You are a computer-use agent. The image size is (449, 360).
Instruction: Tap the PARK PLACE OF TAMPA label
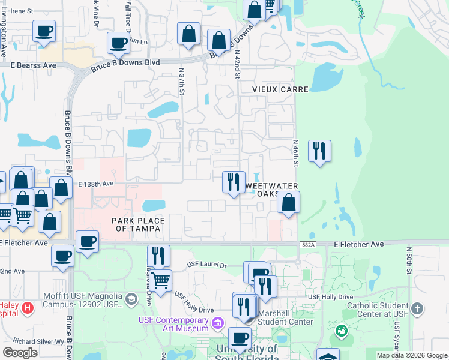tap(139, 225)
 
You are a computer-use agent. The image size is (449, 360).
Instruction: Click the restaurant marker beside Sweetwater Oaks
tap(234, 182)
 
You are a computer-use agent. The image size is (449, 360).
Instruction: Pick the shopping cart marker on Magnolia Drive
tap(160, 280)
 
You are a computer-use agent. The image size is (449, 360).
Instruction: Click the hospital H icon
tap(27, 309)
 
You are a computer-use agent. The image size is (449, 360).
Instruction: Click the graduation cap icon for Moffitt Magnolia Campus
tap(131, 298)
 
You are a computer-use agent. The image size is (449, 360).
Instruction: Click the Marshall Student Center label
tap(286, 321)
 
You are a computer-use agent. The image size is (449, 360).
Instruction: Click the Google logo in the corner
tap(20, 352)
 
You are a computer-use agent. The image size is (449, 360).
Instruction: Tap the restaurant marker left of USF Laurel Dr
tap(158, 256)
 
